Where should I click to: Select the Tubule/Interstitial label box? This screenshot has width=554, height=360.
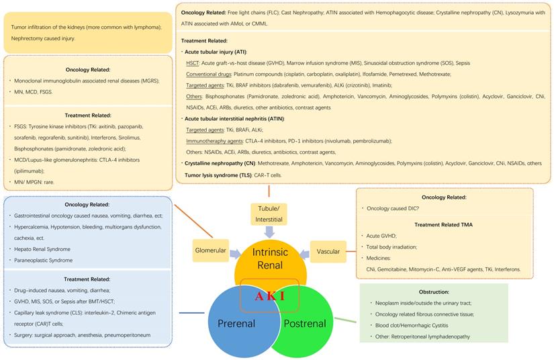tap(269, 214)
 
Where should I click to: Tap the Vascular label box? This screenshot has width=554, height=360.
tap(328, 252)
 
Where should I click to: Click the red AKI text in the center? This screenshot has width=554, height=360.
tap(269, 296)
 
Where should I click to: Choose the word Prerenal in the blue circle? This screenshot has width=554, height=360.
tap(236, 324)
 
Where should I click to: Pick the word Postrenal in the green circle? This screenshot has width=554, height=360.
tap(304, 324)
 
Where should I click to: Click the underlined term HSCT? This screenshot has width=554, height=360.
tap(193, 62)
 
